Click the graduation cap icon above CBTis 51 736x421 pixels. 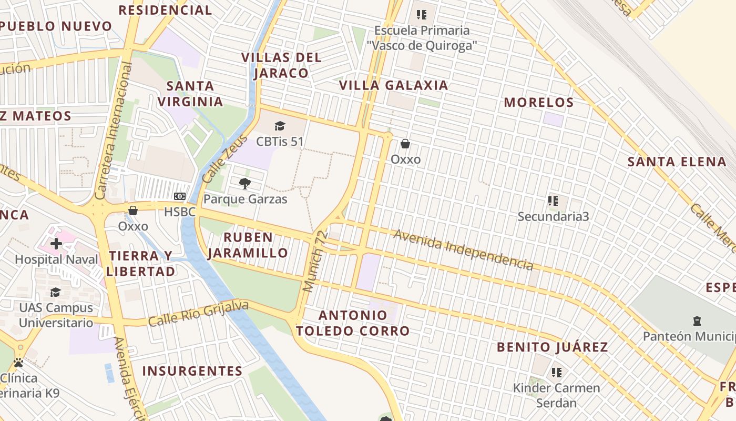[x=280, y=126]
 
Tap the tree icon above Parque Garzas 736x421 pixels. [x=244, y=183]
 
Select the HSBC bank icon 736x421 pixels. [x=180, y=196]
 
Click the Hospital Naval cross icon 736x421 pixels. [x=56, y=243]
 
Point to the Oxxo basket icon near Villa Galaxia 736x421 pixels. [x=405, y=143]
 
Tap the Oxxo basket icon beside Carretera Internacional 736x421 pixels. [x=133, y=210]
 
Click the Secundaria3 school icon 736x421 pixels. [x=553, y=201]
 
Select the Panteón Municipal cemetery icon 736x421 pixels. [x=697, y=320]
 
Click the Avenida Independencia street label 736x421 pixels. [x=463, y=249]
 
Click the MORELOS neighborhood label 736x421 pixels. [x=539, y=103]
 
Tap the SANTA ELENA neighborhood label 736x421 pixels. [x=677, y=162]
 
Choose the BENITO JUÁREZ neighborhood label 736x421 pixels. [x=552, y=347]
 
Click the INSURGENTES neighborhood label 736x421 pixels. [x=192, y=371]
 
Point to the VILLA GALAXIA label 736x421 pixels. [x=393, y=85]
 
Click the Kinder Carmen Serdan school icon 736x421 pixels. [x=557, y=373]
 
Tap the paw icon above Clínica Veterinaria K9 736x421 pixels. [x=18, y=363]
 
